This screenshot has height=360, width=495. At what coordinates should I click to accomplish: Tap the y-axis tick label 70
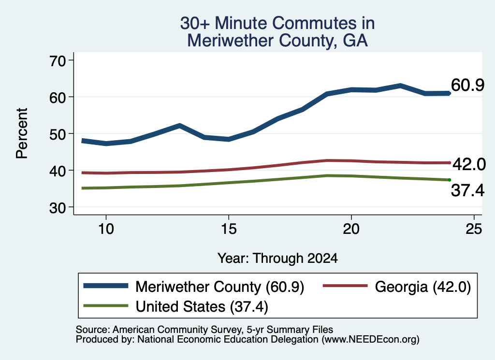click(57, 61)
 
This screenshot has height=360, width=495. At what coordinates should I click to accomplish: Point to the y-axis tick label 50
click(57, 134)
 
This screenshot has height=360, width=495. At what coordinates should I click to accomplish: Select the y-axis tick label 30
click(57, 208)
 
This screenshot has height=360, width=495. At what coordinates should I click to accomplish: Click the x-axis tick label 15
click(229, 229)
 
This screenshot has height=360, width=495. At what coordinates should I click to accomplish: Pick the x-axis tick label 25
click(474, 229)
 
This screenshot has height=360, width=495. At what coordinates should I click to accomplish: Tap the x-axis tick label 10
click(106, 229)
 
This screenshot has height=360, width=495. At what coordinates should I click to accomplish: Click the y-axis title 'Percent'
click(22, 133)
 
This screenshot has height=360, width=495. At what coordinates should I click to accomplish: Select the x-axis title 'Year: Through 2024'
click(277, 258)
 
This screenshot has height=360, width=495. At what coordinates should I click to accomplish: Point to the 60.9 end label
click(467, 85)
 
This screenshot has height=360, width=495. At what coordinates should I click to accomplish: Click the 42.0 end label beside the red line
click(469, 164)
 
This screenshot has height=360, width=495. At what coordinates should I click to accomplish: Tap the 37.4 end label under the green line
click(467, 190)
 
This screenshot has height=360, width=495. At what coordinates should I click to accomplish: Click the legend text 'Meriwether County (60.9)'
click(220, 287)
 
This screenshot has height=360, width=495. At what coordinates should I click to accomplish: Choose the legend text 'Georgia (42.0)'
click(422, 287)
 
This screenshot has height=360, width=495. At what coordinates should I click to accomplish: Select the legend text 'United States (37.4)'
click(202, 307)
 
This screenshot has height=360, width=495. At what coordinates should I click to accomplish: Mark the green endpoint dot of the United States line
click(449, 180)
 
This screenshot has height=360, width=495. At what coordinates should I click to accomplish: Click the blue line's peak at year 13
click(179, 126)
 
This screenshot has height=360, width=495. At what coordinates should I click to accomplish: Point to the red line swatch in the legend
click(345, 286)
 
